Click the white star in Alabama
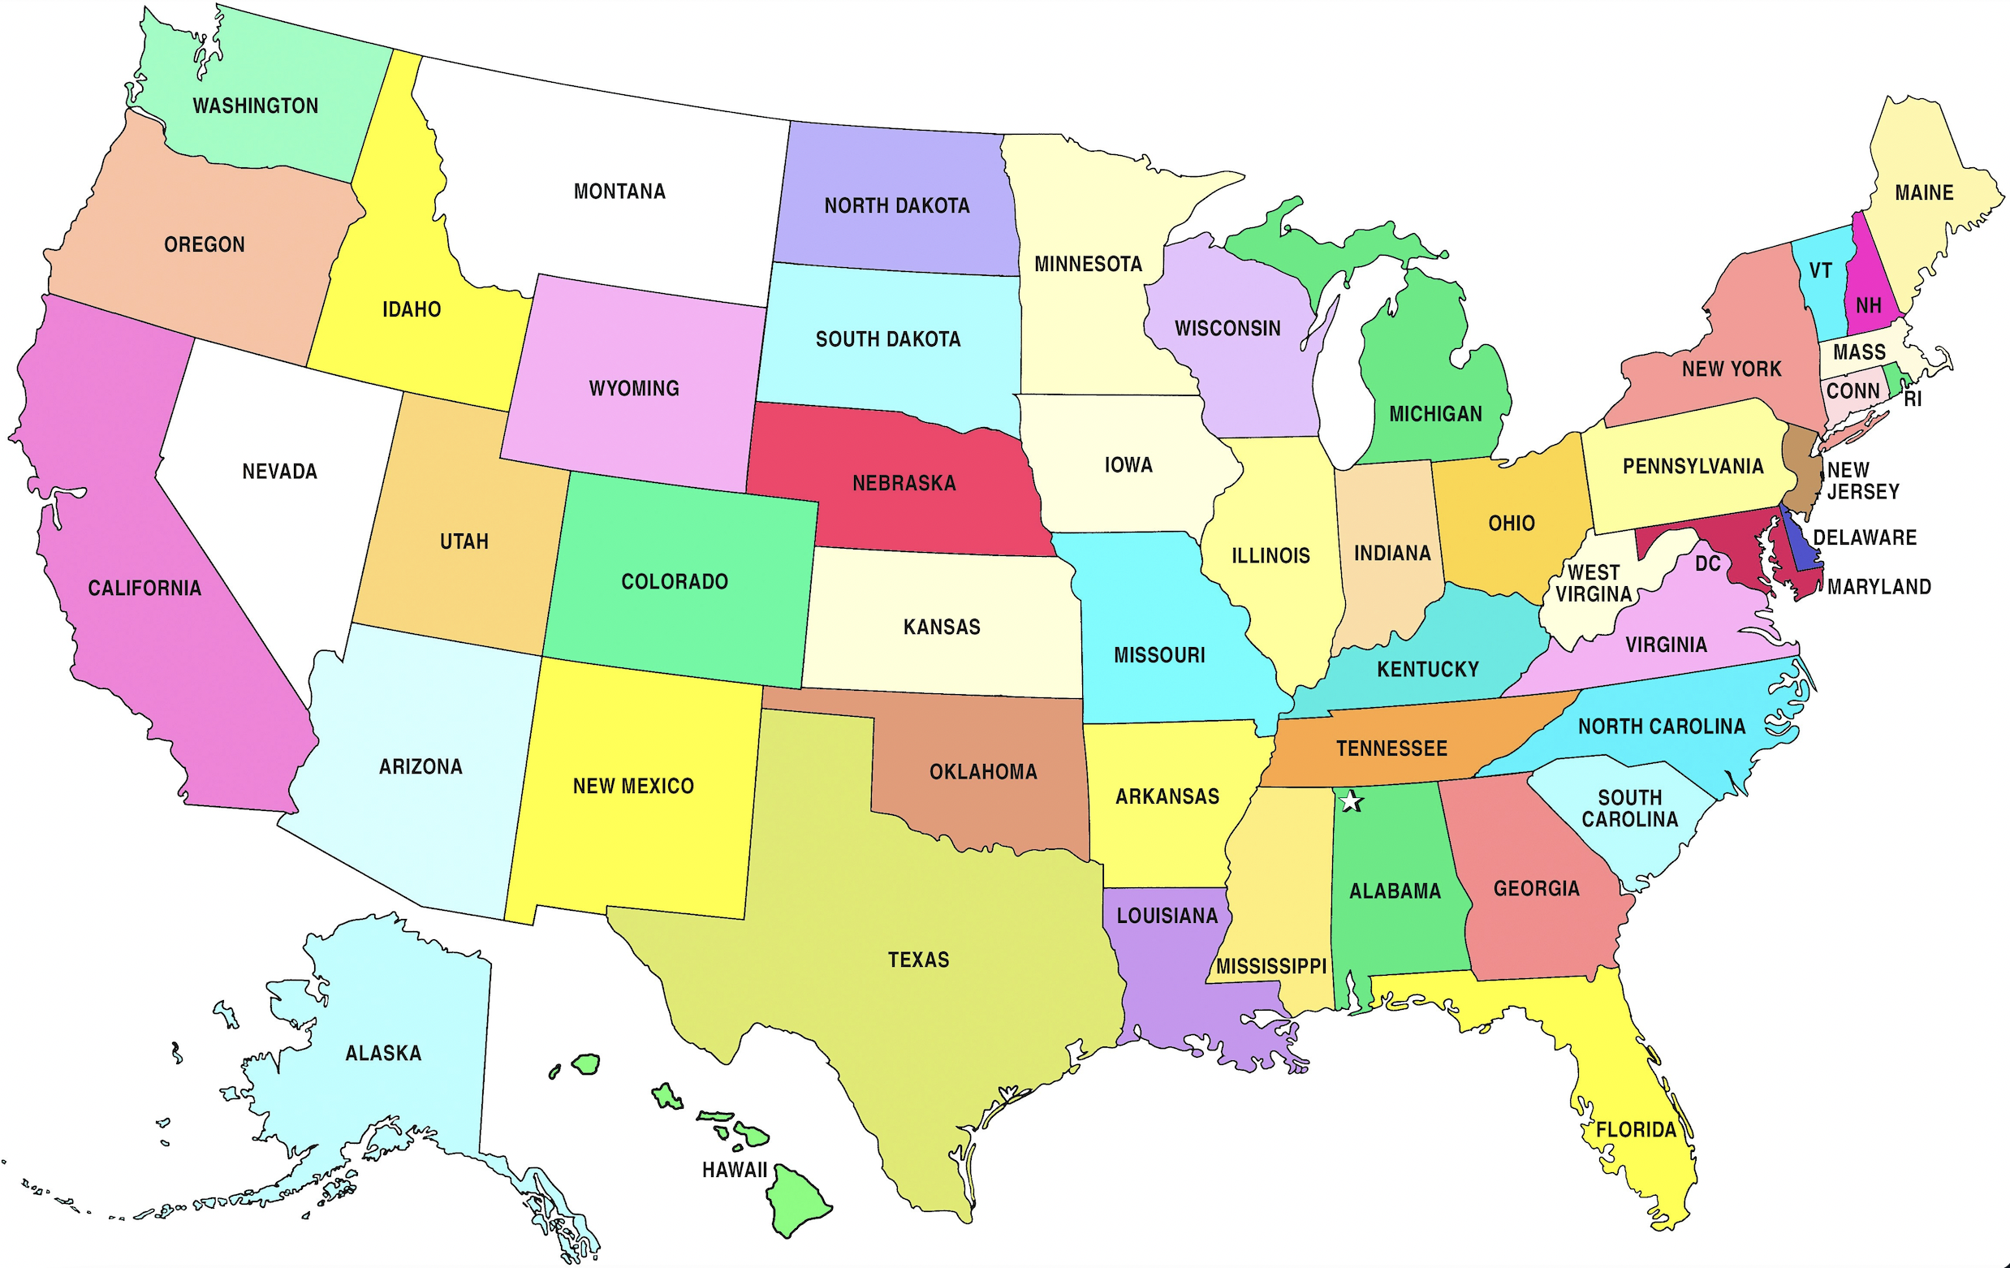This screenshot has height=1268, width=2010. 1351,802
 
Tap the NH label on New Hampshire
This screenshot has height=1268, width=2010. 1868,306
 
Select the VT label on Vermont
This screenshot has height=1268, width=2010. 1820,270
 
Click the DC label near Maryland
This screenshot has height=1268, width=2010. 1708,564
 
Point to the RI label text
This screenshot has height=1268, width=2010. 1913,400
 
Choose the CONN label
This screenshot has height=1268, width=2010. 1853,391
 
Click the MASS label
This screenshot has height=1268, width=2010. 1859,352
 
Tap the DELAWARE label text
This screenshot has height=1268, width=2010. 1865,537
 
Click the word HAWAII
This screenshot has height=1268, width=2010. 734,1171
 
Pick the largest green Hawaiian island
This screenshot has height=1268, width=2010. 797,1201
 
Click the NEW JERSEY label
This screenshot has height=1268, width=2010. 1862,481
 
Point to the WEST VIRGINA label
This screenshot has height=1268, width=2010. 1593,584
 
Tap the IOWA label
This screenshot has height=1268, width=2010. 1128,465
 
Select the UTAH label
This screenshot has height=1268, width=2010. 464,541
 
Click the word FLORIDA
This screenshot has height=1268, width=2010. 1636,1130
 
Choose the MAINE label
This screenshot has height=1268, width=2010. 1924,193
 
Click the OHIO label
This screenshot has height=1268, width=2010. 1512,524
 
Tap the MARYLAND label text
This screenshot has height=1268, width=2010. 1879,587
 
